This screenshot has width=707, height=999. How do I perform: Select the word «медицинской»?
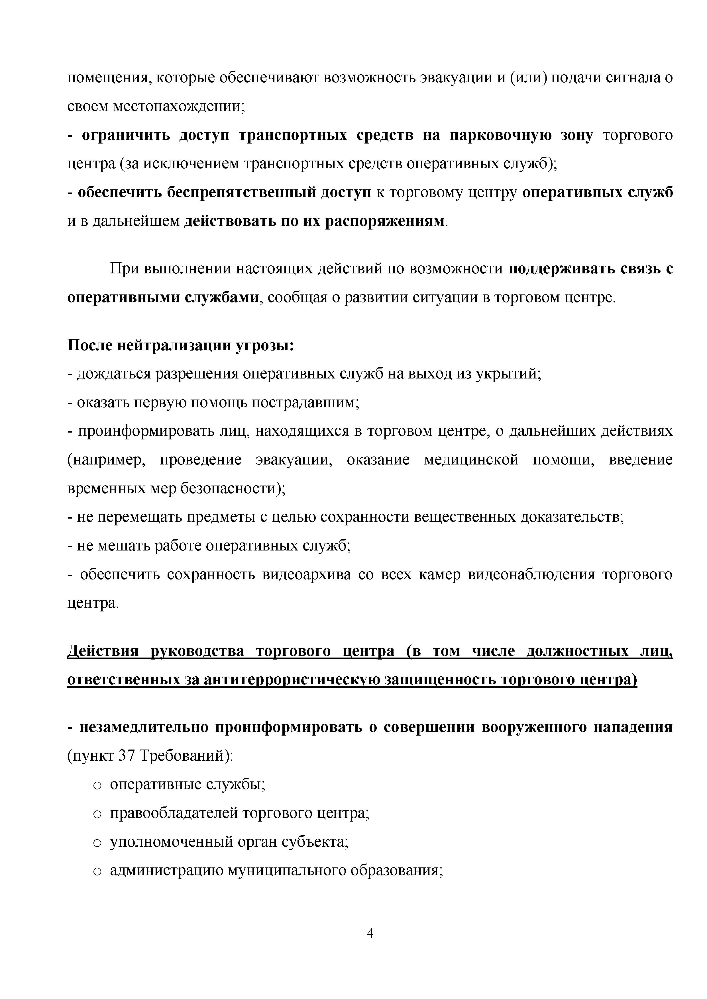[471, 460]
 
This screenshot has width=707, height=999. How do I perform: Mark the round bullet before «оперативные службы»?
[97, 785]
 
